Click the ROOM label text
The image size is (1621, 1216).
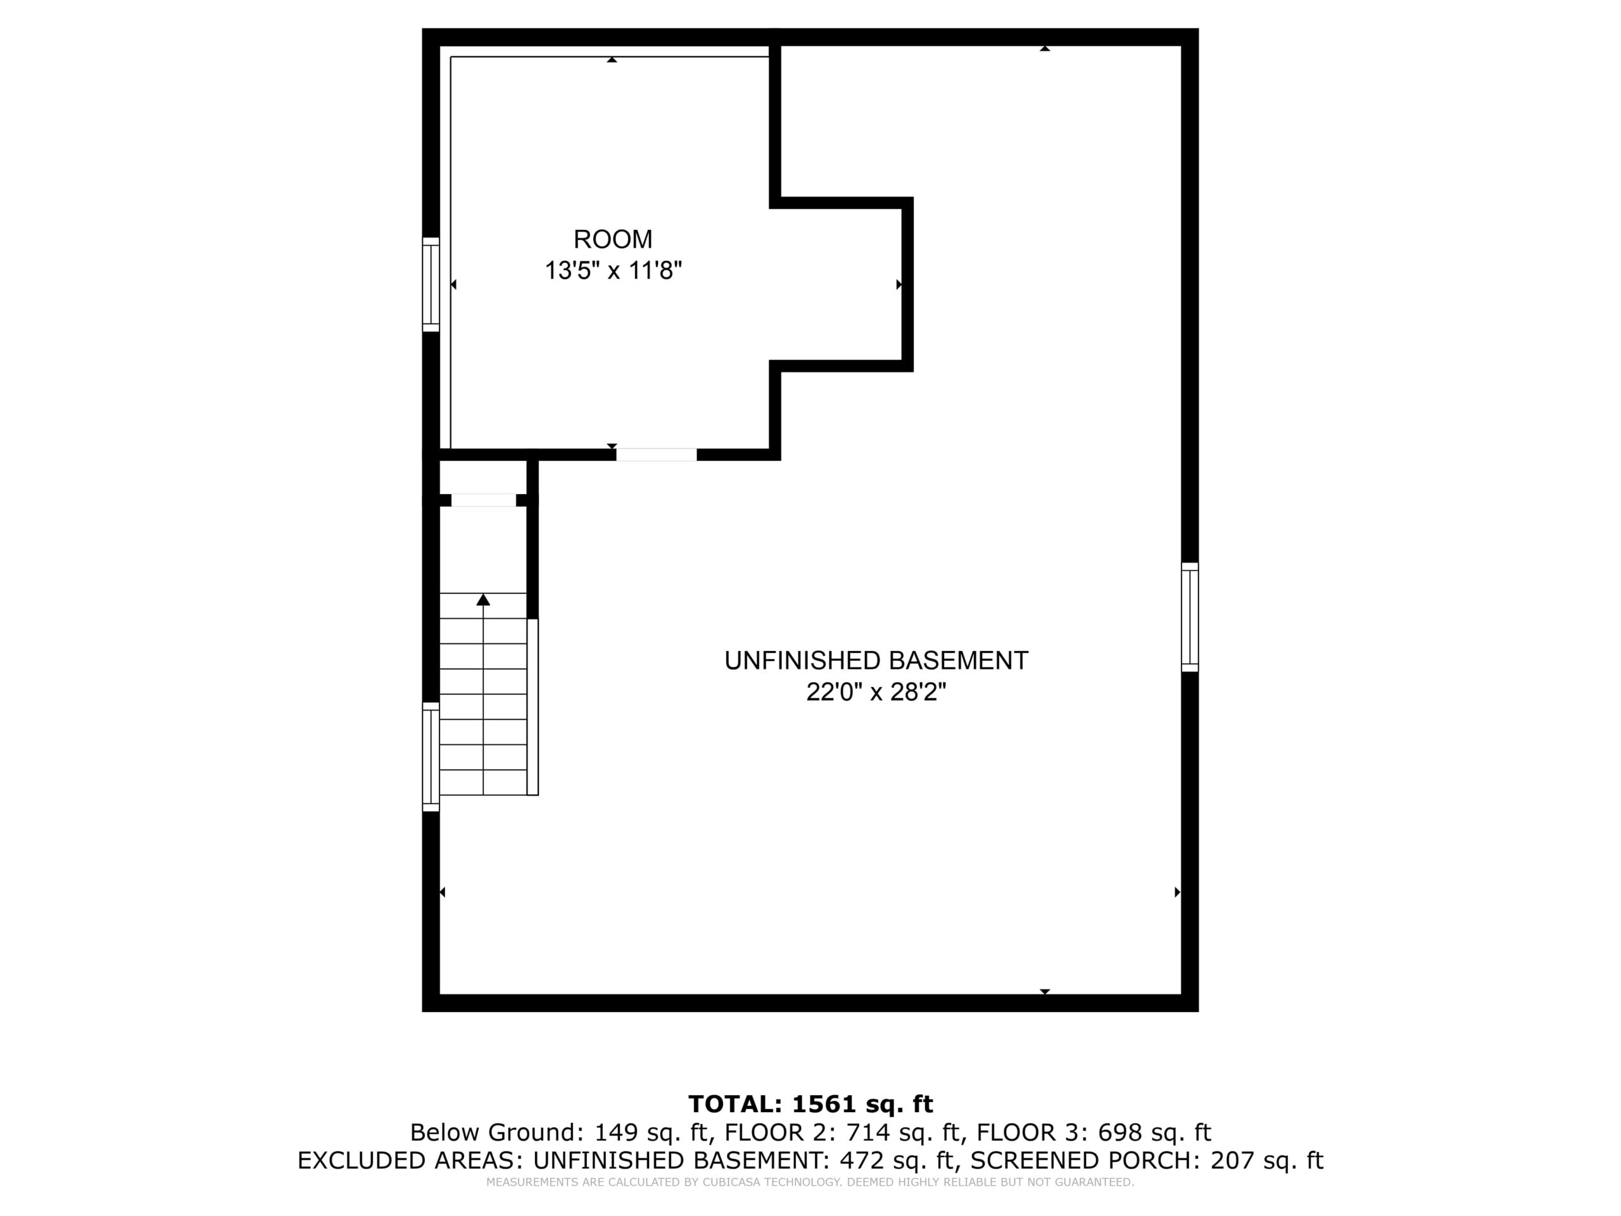point(613,239)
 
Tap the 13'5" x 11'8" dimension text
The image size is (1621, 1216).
point(613,270)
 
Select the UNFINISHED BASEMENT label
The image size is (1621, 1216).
point(876,661)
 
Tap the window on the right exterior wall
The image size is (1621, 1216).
point(1190,617)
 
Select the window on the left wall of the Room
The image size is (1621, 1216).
point(431,284)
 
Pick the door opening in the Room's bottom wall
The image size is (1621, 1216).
point(656,455)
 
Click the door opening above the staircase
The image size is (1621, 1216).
point(484,500)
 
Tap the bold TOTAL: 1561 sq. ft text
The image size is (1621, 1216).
point(810,1104)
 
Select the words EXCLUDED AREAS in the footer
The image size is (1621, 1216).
point(411,1161)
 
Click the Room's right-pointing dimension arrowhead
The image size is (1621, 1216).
point(899,284)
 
